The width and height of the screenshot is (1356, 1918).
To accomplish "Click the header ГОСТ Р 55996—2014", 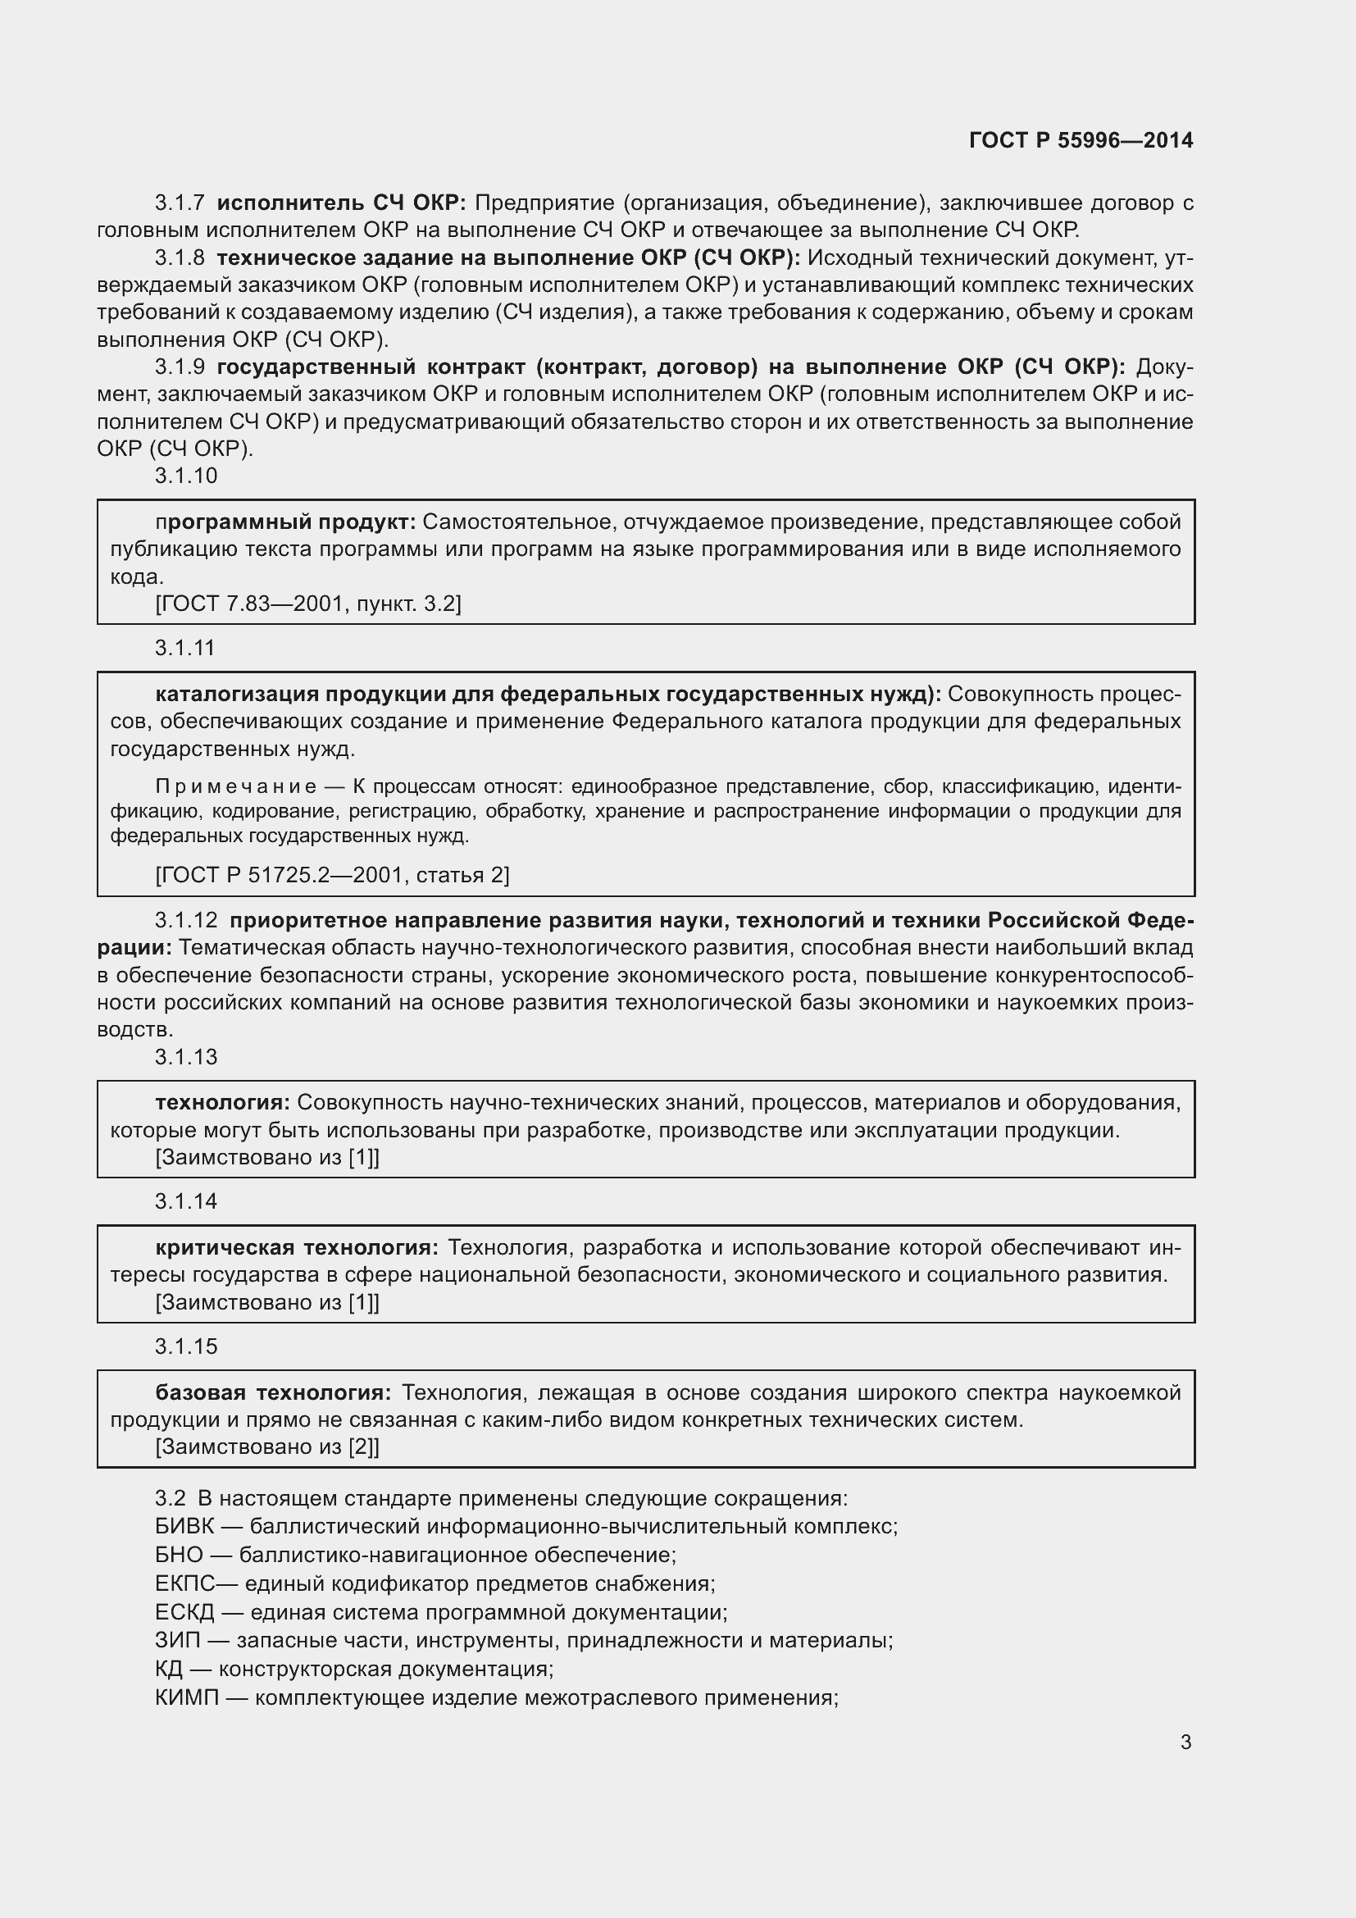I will (x=1081, y=140).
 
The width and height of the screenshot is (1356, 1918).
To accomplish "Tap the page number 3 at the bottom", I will (x=1185, y=1743).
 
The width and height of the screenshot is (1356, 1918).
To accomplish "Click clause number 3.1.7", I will (x=180, y=203).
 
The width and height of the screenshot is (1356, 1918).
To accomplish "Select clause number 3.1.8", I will (x=180, y=258).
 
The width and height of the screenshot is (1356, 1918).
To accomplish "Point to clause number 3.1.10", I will (x=185, y=476).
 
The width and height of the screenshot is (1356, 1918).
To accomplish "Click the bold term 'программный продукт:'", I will (x=285, y=522).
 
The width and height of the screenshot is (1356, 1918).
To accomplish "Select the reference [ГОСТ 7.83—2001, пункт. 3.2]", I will (x=308, y=604).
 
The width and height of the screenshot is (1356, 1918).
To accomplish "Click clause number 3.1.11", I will (x=184, y=649).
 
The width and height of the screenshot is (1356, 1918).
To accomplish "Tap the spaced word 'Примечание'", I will (x=235, y=787).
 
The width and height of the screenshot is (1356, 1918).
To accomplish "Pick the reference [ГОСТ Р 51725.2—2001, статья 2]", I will (x=332, y=876).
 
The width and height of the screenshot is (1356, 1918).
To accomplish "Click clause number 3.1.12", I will (x=185, y=921).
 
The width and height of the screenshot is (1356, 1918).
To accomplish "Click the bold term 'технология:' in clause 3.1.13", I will (x=222, y=1103).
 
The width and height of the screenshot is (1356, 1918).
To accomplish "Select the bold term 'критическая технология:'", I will (x=297, y=1248).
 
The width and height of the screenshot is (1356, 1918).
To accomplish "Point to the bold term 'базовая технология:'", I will (x=273, y=1392).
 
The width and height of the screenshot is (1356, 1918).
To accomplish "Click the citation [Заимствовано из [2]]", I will (x=267, y=1446).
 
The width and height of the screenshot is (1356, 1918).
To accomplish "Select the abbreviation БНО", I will (x=179, y=1556).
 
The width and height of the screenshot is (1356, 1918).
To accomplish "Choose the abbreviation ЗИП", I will (x=178, y=1641).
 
